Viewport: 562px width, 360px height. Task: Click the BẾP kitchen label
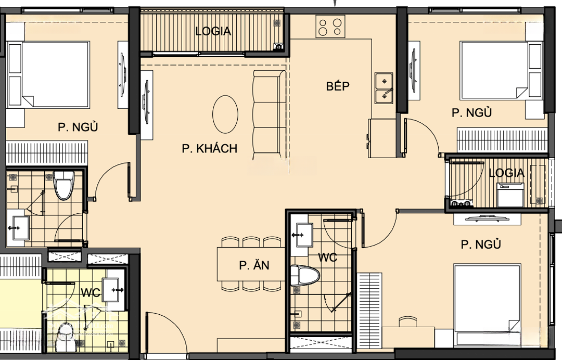(338, 86)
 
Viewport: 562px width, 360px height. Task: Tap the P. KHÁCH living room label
(210, 148)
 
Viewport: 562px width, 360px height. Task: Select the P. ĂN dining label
(254, 265)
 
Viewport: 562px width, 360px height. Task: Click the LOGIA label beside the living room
(213, 32)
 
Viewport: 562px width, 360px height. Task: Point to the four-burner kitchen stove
(330, 26)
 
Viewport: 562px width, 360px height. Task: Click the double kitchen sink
(384, 88)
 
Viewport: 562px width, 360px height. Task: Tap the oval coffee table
(225, 114)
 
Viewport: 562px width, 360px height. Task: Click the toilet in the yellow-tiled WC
(65, 333)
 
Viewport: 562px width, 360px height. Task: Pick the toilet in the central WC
(305, 276)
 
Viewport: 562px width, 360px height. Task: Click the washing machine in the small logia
(510, 194)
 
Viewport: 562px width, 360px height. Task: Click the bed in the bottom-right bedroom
(487, 306)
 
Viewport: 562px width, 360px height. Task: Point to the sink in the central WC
(304, 235)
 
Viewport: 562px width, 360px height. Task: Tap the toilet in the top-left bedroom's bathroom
(63, 185)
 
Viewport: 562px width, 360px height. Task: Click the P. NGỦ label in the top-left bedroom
(78, 127)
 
